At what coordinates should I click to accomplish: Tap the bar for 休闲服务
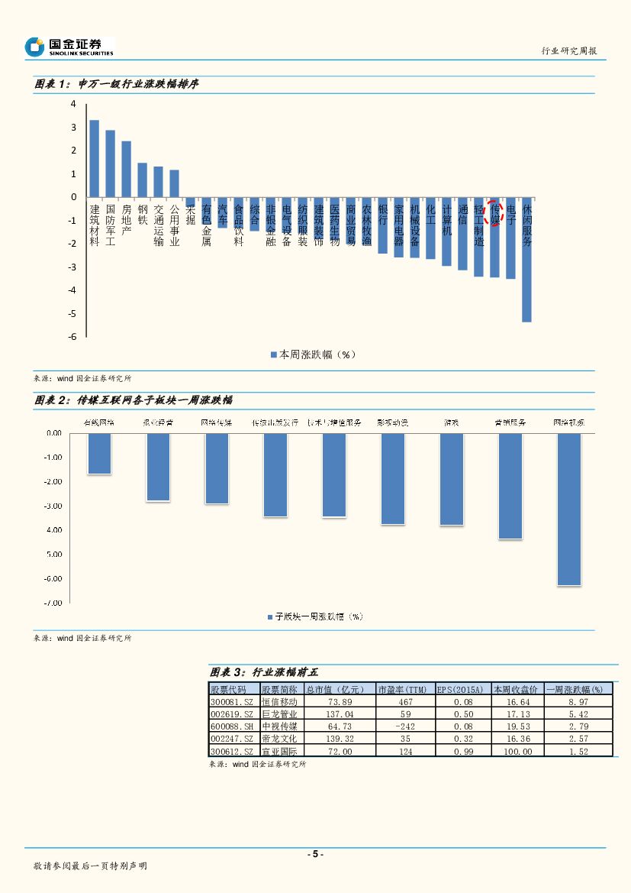click(526, 260)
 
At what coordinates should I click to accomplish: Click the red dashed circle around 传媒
click(495, 213)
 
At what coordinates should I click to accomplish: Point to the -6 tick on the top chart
click(73, 337)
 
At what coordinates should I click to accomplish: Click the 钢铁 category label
click(143, 213)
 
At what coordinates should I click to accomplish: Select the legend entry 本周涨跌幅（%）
click(314, 354)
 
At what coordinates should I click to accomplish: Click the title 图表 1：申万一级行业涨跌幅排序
click(118, 85)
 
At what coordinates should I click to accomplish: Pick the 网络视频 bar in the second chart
click(568, 509)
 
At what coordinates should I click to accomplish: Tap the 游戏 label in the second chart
click(452, 422)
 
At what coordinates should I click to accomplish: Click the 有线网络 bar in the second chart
click(99, 454)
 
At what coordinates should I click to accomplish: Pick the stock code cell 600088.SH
click(233, 726)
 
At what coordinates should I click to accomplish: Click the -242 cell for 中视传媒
click(405, 726)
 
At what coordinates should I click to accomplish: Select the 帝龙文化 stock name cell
click(280, 739)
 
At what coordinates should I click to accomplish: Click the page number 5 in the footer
click(315, 854)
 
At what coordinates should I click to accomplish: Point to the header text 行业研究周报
click(568, 50)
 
